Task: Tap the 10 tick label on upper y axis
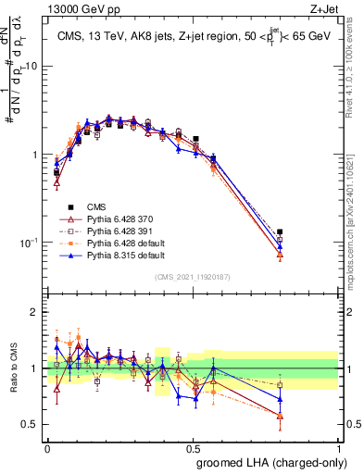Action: pos(32,67)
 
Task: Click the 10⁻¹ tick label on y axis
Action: pos(30,242)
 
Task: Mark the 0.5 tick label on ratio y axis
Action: pos(31,424)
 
